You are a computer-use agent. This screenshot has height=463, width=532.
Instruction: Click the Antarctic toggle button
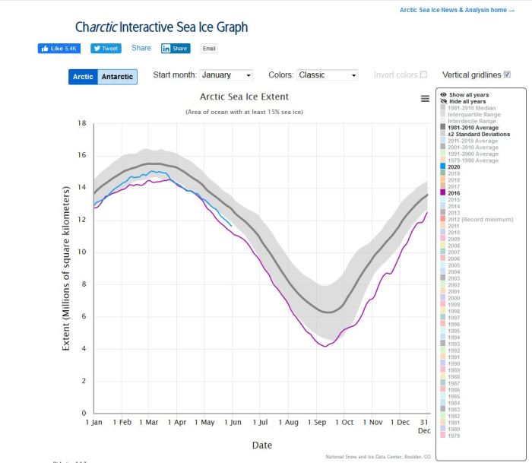coord(118,77)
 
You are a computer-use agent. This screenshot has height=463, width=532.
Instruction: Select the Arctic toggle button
coord(83,77)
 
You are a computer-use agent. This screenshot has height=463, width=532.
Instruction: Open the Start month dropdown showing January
coord(226,75)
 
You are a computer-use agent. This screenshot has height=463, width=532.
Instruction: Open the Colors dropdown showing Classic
coord(327,75)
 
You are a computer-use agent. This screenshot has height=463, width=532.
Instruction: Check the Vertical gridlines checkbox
coord(507,75)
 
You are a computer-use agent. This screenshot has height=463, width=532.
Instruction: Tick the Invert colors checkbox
coord(423,75)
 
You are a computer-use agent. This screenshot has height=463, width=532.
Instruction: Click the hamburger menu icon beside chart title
coord(425,98)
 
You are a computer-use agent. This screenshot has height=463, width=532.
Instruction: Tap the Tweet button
coord(106,48)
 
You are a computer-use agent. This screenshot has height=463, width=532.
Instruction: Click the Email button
coord(209,49)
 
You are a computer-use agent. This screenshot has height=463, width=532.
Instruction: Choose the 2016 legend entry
coord(457,193)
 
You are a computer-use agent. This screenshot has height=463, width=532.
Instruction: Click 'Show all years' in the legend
coord(468,95)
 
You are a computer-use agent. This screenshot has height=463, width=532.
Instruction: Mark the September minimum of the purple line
coord(325,346)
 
